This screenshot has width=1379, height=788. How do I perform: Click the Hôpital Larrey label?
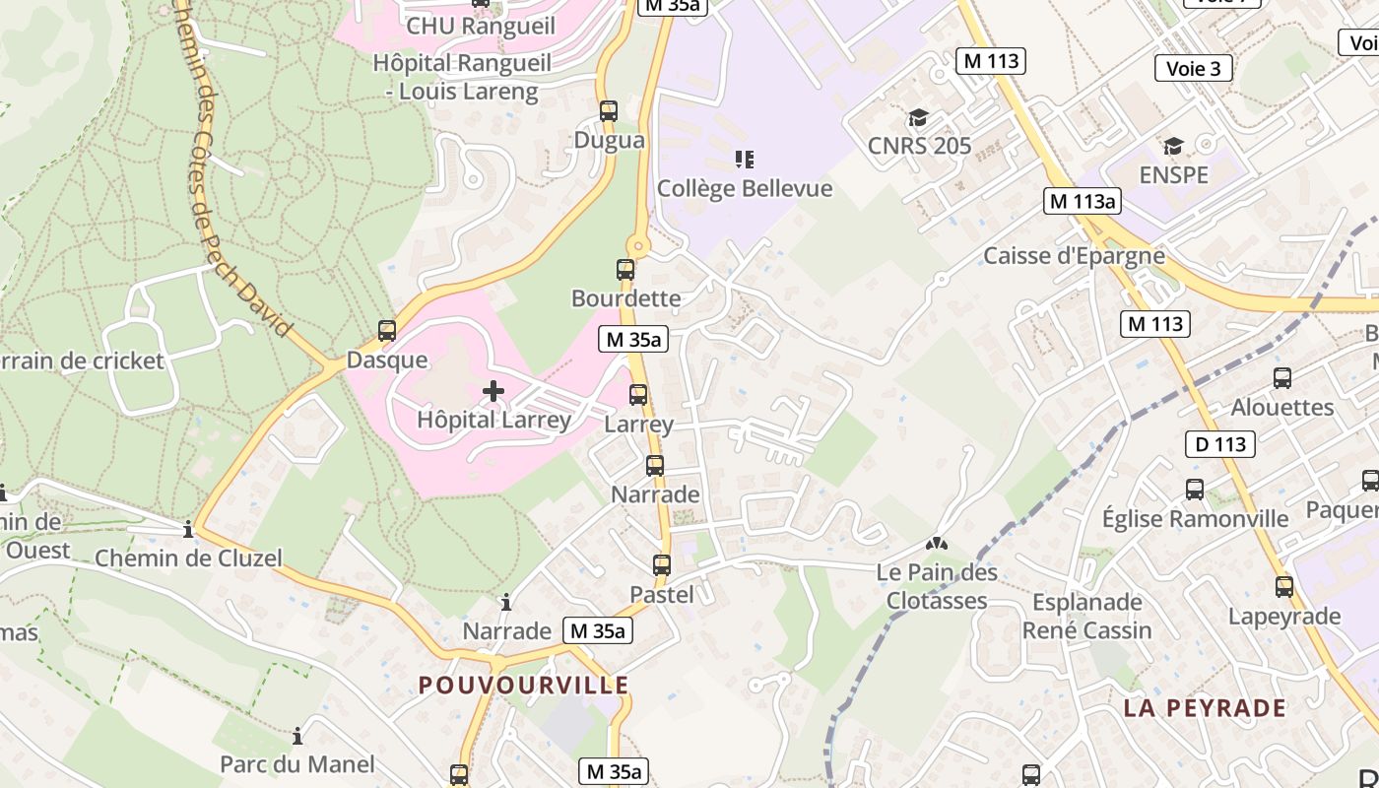493,420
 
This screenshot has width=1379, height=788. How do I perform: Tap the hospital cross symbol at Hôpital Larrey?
493,391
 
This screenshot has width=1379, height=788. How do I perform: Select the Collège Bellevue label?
745,188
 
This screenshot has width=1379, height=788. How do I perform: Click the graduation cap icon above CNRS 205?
918,118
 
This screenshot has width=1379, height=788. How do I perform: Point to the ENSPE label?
1173,175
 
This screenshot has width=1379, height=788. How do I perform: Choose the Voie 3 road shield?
1193,68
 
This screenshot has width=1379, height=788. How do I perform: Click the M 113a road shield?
1083,201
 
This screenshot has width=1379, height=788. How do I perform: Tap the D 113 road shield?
1221,444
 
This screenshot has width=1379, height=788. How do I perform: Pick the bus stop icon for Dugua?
609,110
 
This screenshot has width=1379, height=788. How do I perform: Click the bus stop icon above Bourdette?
625,269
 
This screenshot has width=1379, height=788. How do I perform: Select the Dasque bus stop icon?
387,331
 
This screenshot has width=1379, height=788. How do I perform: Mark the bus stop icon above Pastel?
662,565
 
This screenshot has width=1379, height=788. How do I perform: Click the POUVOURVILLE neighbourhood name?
523,685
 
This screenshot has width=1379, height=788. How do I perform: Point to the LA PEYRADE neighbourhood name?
1205,708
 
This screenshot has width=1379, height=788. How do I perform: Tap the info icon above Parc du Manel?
297,736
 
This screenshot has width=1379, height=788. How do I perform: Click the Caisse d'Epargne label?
1074,256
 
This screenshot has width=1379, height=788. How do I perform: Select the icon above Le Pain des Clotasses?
936,543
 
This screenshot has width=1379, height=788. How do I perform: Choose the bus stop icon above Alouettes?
1282,377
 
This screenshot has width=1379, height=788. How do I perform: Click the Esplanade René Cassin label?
1086,616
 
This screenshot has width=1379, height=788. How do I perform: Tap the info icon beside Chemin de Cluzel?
188,531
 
